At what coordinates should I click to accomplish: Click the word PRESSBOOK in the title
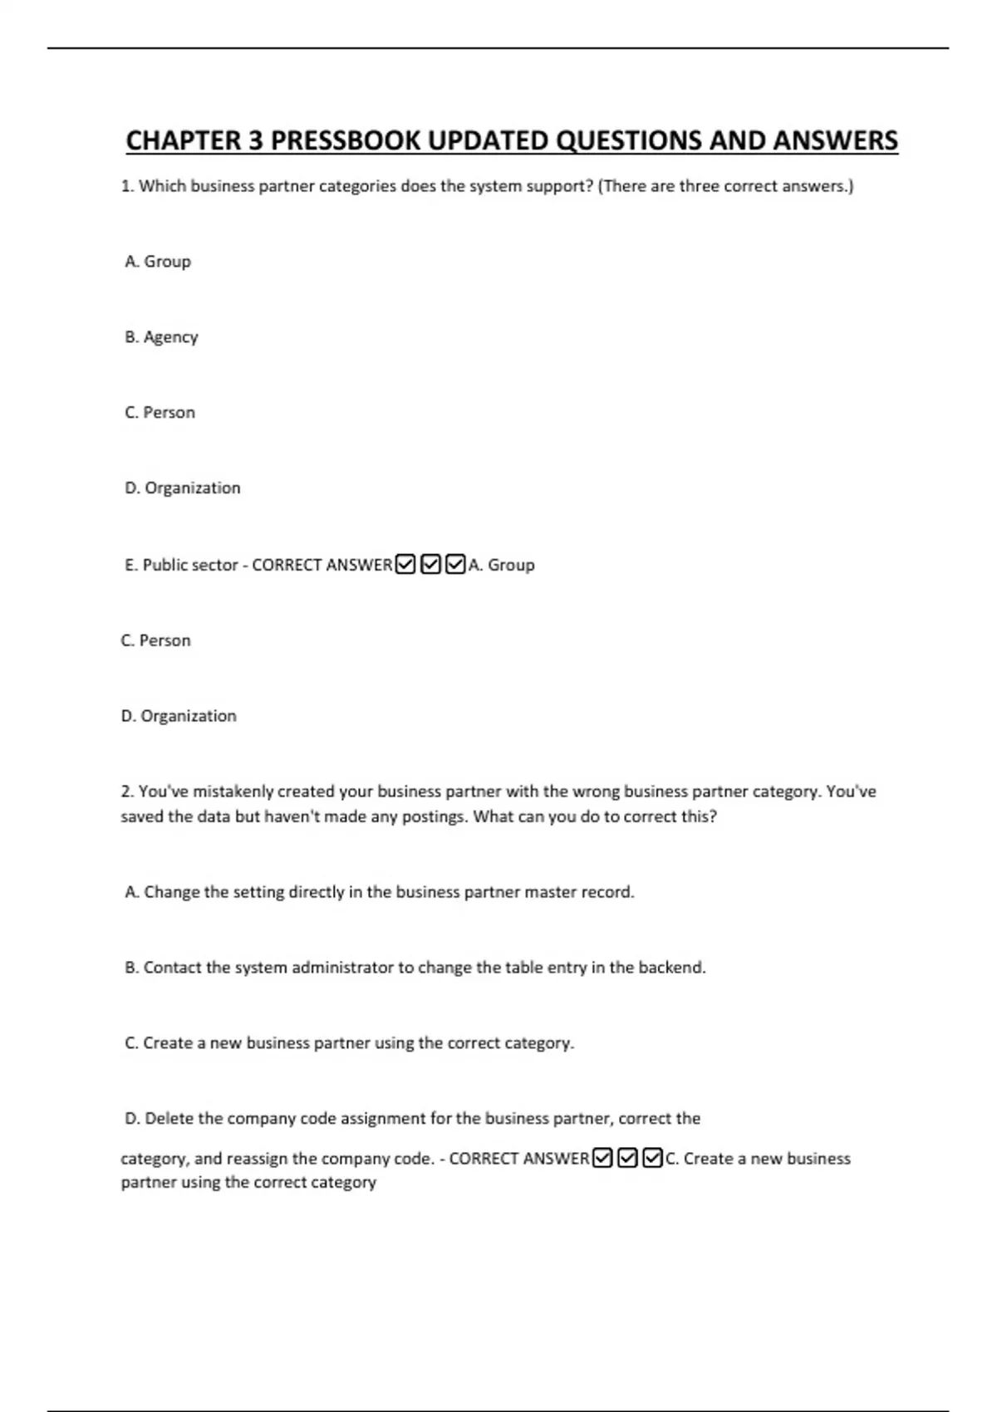tap(345, 140)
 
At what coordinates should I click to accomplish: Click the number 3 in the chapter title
tap(254, 140)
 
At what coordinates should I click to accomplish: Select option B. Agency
tap(161, 337)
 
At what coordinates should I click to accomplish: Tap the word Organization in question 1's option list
tap(193, 488)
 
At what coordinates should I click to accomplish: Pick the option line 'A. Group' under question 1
tap(158, 262)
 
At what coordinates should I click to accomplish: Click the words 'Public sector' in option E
tap(190, 565)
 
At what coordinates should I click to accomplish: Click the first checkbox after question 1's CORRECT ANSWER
tap(405, 565)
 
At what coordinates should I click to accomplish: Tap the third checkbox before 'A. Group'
tap(455, 565)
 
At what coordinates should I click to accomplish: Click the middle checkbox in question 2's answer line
tap(628, 1158)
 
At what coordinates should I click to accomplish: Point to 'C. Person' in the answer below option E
tap(155, 640)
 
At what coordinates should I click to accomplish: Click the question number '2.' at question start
tap(127, 792)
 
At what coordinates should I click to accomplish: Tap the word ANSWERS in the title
tap(835, 140)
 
